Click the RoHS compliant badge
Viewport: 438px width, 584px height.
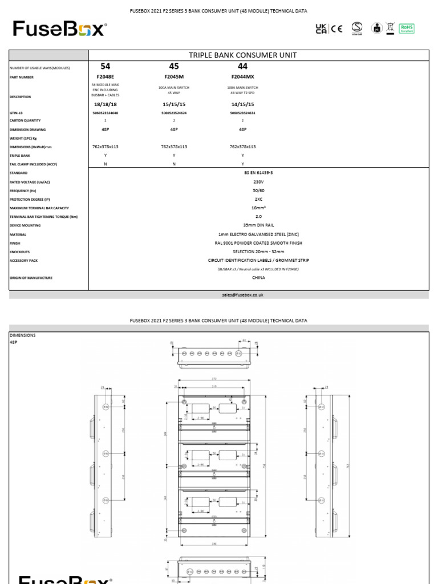(407, 29)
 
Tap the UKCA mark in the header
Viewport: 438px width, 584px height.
(322, 29)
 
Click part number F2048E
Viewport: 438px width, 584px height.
(105, 77)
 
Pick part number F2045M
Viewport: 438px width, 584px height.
(174, 77)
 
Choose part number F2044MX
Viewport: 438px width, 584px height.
(242, 77)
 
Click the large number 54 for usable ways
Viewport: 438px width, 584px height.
(105, 67)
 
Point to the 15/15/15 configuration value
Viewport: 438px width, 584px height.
(174, 105)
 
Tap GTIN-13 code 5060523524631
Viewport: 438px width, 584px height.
(242, 113)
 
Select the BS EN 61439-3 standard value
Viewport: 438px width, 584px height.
(258, 173)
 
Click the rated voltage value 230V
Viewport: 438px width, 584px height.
(258, 182)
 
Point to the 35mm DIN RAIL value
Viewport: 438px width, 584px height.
(258, 225)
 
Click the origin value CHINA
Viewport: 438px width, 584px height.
(258, 278)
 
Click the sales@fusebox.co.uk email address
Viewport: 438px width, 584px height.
(242, 295)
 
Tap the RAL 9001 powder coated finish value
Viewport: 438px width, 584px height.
(258, 243)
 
